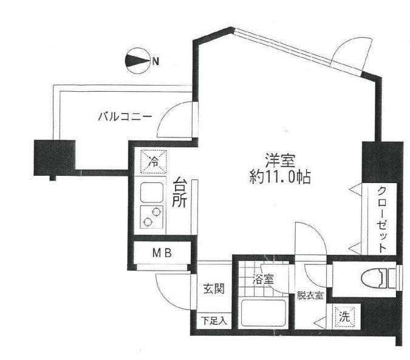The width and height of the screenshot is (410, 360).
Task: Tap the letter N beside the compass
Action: click(x=156, y=61)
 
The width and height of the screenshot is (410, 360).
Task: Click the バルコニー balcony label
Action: click(x=125, y=116)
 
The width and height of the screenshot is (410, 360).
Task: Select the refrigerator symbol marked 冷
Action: click(x=154, y=162)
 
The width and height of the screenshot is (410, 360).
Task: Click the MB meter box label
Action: click(x=160, y=253)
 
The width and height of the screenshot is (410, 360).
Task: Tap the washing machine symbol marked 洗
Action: click(x=344, y=316)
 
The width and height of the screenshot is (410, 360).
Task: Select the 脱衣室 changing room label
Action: click(x=310, y=296)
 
